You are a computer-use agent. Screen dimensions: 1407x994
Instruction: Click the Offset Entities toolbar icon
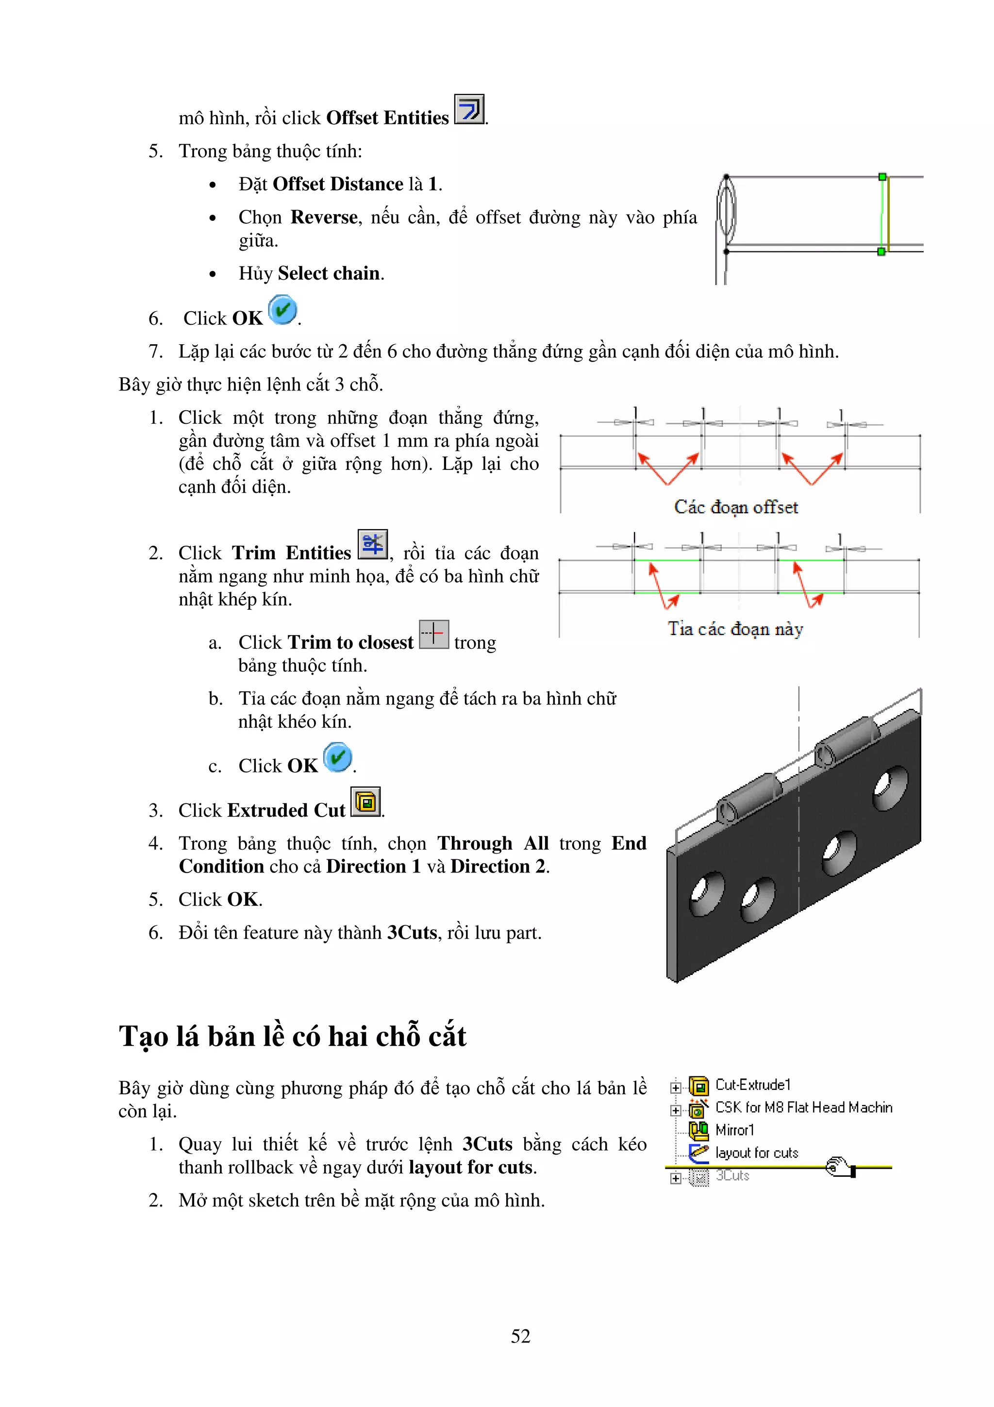click(469, 109)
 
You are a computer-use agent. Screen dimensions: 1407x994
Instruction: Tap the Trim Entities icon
click(372, 544)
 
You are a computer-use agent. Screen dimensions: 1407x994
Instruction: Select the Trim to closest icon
click(433, 634)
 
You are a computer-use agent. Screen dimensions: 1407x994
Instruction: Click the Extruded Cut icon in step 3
click(365, 802)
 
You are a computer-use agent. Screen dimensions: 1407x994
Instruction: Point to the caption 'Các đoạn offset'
click(735, 507)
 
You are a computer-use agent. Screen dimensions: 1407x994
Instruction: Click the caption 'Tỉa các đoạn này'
click(735, 629)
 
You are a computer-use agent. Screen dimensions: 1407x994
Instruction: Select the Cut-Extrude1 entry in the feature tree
click(753, 1085)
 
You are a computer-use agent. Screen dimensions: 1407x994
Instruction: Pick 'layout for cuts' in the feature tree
click(756, 1153)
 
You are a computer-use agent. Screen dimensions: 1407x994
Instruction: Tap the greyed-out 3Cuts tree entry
click(732, 1175)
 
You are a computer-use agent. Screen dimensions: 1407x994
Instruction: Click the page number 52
click(521, 1336)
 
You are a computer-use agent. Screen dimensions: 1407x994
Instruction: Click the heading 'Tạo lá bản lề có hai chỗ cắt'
click(292, 1036)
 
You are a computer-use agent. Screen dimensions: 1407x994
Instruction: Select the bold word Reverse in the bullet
click(324, 217)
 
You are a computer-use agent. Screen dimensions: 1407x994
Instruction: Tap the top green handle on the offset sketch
click(882, 177)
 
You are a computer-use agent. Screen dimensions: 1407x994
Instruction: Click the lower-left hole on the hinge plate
click(707, 893)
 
